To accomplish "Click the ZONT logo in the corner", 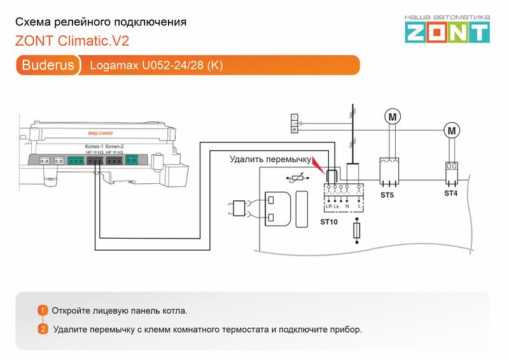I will [447, 29].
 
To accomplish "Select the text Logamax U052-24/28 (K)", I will [157, 66].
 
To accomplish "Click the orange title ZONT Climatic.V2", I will [72, 41].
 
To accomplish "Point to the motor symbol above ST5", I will [393, 116].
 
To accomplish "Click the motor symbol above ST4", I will [452, 131].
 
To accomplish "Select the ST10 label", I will [329, 223].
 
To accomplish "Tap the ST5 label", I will [387, 195].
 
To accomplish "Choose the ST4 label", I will [450, 193].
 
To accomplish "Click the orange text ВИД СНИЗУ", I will [101, 134].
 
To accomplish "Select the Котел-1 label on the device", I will [94, 147].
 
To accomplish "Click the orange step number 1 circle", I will [43, 310].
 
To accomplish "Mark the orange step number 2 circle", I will [43, 329].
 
